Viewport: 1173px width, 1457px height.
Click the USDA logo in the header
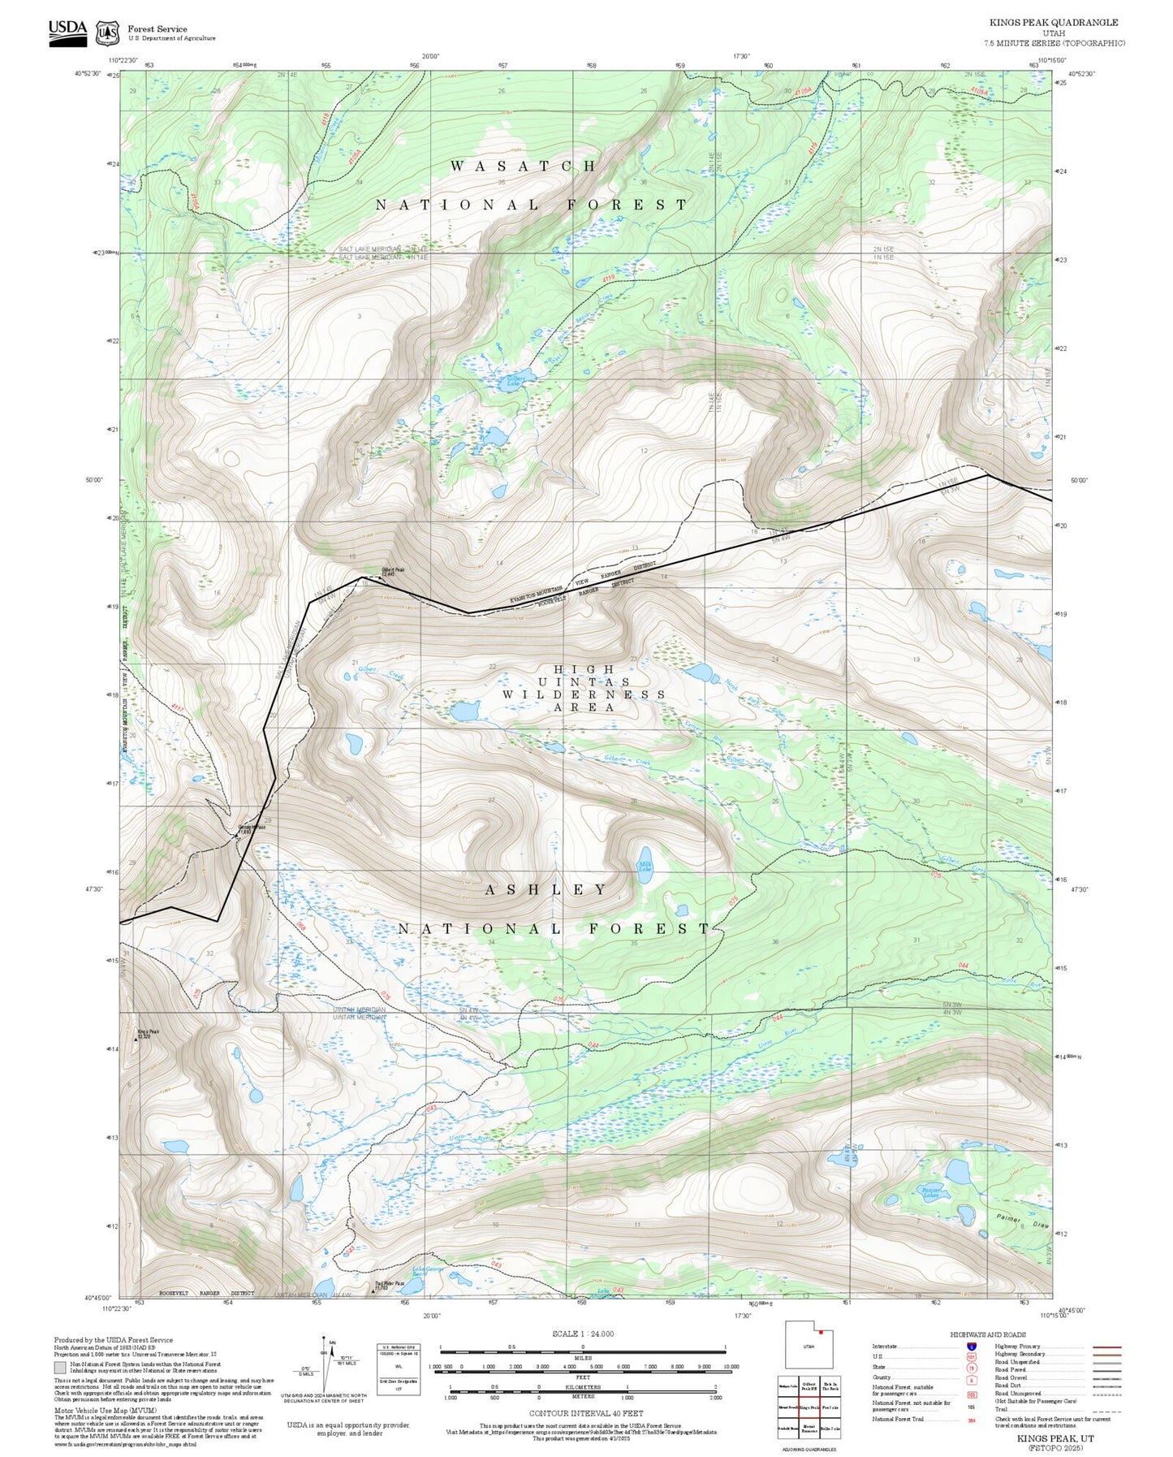[x=67, y=32]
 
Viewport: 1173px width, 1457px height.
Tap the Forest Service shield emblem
[x=107, y=33]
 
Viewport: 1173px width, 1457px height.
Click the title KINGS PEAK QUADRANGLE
[x=1053, y=23]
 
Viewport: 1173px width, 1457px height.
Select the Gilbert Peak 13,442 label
[x=393, y=571]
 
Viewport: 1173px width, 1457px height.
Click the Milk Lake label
[x=645, y=867]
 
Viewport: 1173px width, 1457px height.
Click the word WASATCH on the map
[x=524, y=166]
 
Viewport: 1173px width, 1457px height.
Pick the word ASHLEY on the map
[x=546, y=889]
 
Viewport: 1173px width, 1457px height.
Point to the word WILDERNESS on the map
[x=583, y=694]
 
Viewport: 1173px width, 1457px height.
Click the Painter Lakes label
[x=931, y=1192]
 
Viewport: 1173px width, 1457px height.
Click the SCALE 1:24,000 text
[x=582, y=1334]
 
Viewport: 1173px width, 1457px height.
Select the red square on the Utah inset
[x=821, y=1332]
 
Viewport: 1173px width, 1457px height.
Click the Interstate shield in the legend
[x=971, y=1347]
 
